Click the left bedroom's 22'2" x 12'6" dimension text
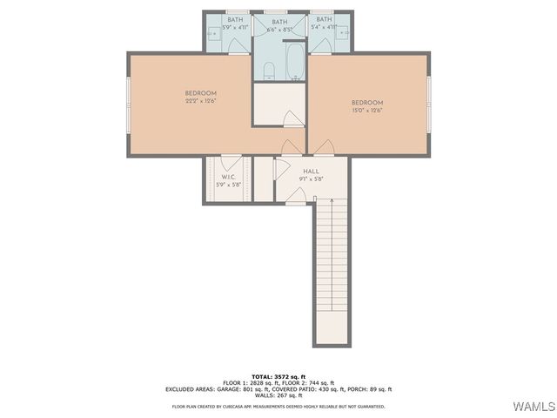(200, 102)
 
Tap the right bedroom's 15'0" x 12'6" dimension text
(367, 111)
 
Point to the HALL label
(311, 172)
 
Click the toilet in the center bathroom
(269, 71)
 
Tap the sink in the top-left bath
(213, 35)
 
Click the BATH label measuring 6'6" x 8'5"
(279, 22)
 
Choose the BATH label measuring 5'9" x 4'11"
(235, 19)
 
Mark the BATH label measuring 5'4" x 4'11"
(324, 19)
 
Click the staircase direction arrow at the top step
(315, 201)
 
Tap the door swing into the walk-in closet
(231, 162)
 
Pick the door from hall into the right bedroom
(324, 147)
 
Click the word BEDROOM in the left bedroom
(200, 93)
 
